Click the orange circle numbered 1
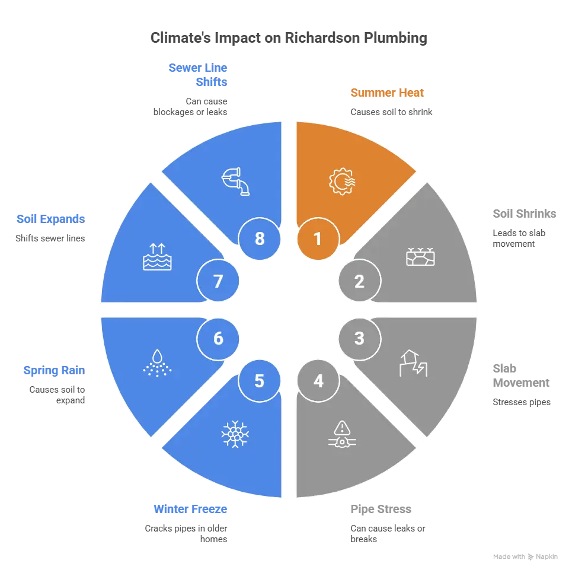click(318, 238)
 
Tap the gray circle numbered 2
click(360, 281)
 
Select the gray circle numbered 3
click(360, 339)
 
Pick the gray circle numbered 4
click(318, 381)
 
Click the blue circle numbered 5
click(260, 381)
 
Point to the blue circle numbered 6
click(218, 339)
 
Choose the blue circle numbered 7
click(218, 281)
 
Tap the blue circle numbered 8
click(260, 238)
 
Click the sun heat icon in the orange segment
click(342, 182)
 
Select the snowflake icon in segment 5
click(235, 434)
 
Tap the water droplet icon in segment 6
click(157, 363)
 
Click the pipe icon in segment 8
click(235, 182)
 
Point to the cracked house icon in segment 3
click(414, 363)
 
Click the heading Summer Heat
click(387, 93)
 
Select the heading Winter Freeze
click(190, 509)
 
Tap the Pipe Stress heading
click(381, 509)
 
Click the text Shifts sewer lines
click(50, 238)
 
